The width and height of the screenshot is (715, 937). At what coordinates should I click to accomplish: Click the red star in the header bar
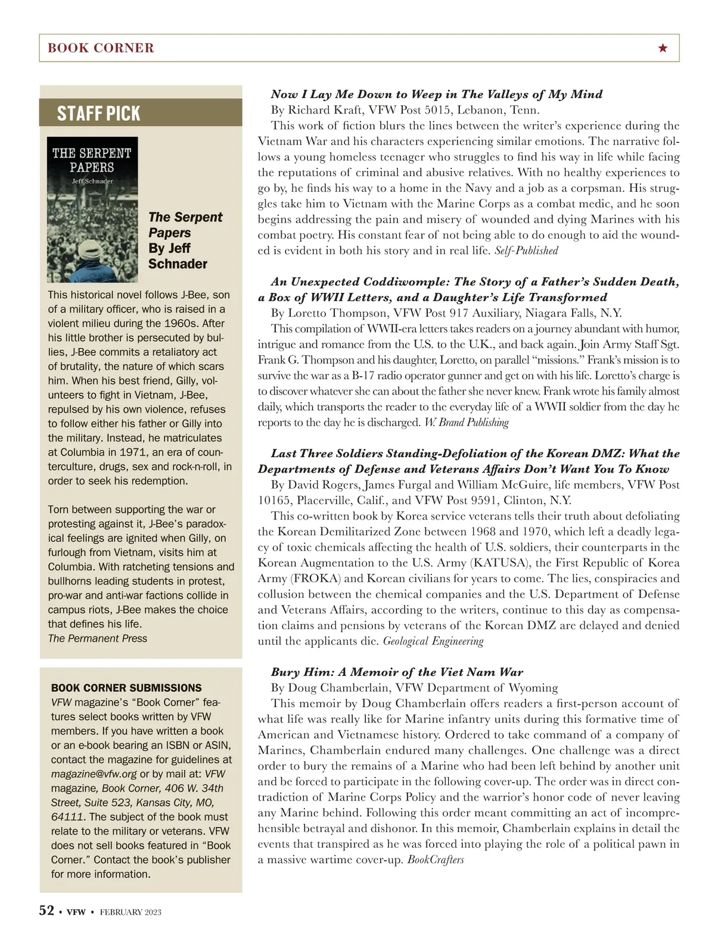(663, 48)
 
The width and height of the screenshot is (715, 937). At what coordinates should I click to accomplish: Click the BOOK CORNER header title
(101, 48)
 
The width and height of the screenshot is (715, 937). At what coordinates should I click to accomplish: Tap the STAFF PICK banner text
(98, 113)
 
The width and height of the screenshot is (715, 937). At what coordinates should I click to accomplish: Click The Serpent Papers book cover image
(92, 209)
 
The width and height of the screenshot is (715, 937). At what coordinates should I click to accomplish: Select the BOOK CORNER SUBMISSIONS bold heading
(126, 688)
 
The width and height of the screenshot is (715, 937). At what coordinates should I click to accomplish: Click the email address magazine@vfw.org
(94, 774)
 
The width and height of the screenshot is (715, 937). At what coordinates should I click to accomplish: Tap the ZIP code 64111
(66, 817)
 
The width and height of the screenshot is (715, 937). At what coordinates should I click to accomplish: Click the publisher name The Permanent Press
(97, 638)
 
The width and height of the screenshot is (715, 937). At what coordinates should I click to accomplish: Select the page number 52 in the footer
(46, 911)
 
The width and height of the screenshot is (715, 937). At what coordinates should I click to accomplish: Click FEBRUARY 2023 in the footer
(130, 912)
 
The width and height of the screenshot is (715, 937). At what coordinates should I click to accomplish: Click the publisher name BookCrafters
(436, 860)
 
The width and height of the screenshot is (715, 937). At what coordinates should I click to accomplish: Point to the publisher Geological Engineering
(433, 641)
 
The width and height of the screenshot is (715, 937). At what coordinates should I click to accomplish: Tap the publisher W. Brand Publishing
(466, 423)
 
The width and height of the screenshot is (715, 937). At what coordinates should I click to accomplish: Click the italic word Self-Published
(526, 251)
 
